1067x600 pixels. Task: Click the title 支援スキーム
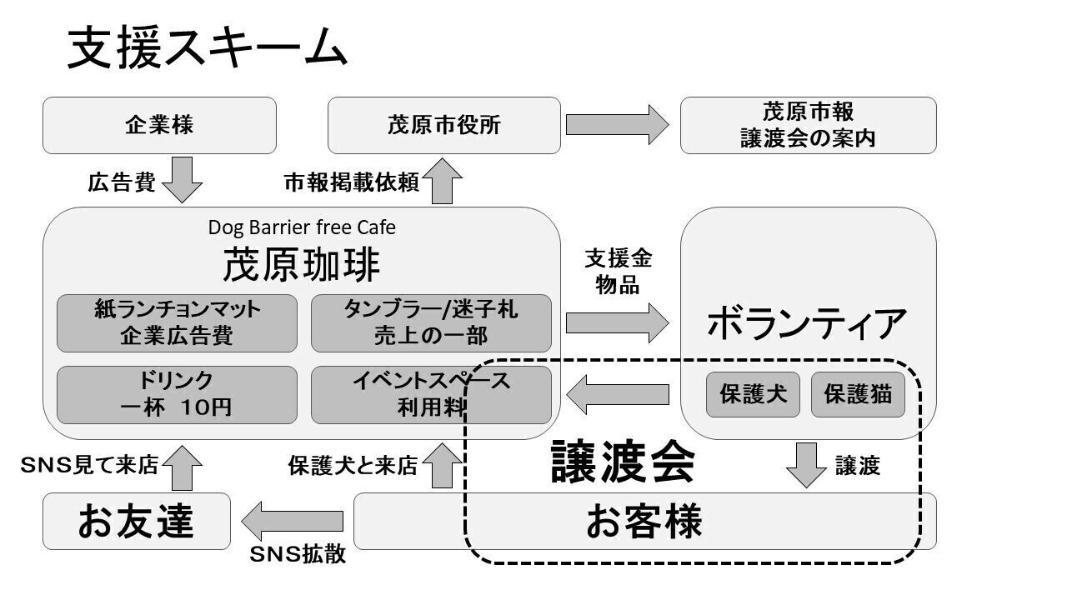click(206, 48)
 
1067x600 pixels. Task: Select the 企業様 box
click(159, 125)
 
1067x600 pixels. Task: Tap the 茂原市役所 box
click(443, 125)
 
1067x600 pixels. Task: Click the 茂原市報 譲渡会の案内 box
click(808, 125)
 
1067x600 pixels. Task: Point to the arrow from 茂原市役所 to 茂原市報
click(617, 125)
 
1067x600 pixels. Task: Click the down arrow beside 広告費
click(182, 180)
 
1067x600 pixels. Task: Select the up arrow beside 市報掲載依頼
click(443, 181)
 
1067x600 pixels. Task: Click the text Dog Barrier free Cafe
click(302, 227)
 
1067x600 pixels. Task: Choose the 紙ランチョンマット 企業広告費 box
click(177, 322)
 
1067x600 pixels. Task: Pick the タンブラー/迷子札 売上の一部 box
click(431, 322)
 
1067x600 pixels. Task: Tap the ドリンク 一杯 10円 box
click(177, 394)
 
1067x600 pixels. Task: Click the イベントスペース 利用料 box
click(431, 394)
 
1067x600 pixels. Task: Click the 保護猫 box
click(858, 394)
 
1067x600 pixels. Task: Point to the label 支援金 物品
click(618, 272)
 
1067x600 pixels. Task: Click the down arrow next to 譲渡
click(806, 465)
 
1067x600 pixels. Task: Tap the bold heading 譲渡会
click(623, 463)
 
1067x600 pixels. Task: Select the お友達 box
click(137, 521)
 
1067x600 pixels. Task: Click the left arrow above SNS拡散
click(293, 521)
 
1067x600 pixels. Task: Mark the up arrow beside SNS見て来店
click(182, 467)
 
